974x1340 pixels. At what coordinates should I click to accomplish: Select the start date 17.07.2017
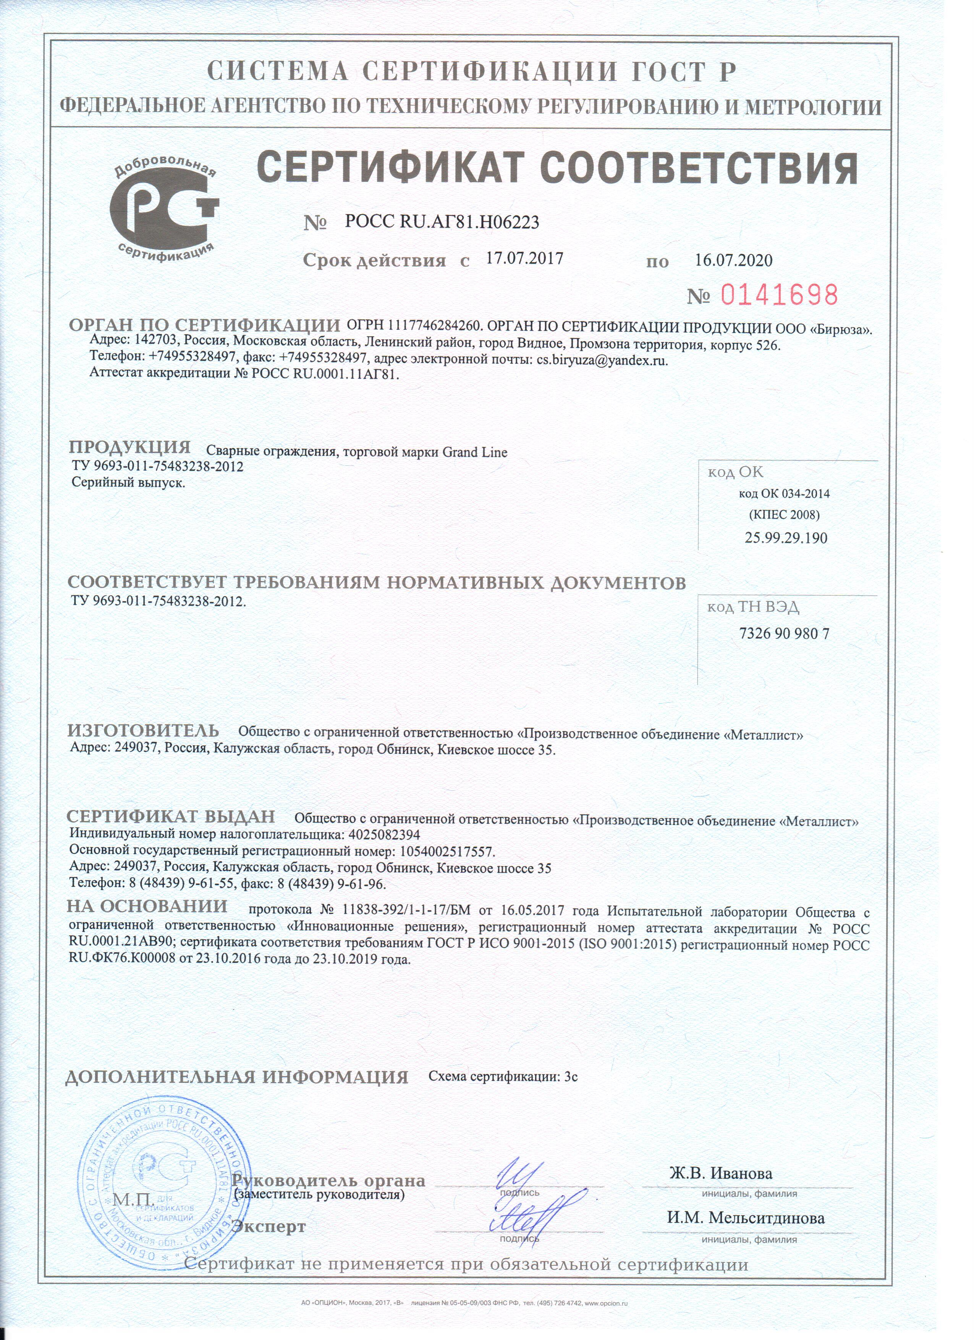click(x=524, y=258)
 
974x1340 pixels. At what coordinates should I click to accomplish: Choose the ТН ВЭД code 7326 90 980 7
click(x=785, y=634)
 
